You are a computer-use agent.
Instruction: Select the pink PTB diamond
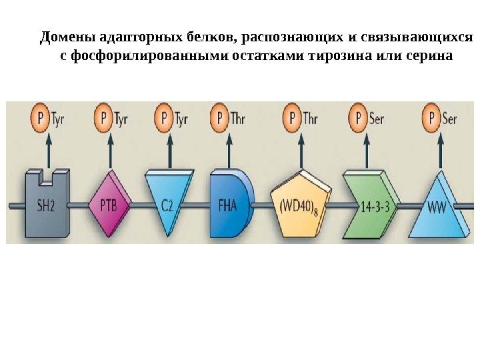pos(108,204)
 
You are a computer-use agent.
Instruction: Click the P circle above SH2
pos(42,119)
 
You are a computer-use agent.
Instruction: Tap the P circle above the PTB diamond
pos(103,119)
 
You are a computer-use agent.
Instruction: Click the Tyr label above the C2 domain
pos(182,119)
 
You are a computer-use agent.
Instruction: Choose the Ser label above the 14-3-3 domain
pos(376,119)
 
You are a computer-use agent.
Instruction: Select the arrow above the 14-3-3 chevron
pos(365,150)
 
